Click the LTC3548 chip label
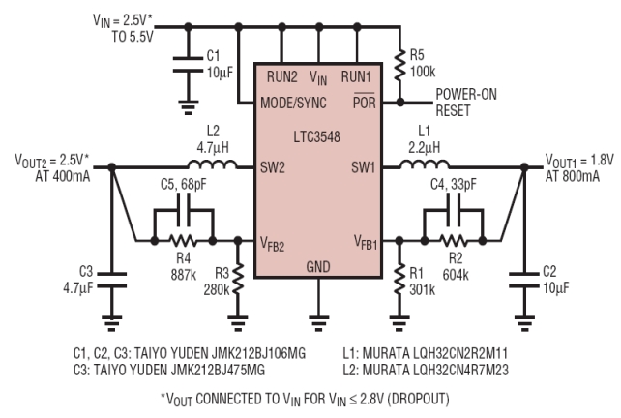point(317,136)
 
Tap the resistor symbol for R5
point(400,64)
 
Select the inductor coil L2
point(213,164)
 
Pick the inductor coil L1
point(425,164)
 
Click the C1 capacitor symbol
point(188,65)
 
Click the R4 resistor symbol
point(183,240)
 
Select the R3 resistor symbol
point(238,280)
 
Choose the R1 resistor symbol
point(399,280)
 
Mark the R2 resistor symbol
point(454,240)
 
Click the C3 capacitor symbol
point(112,280)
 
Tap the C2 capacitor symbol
point(524,280)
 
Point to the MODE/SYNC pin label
point(293,103)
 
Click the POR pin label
point(364,103)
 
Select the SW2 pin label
point(273,167)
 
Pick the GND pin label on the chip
point(318,267)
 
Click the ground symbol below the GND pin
point(318,323)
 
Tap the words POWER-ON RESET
point(466,103)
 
